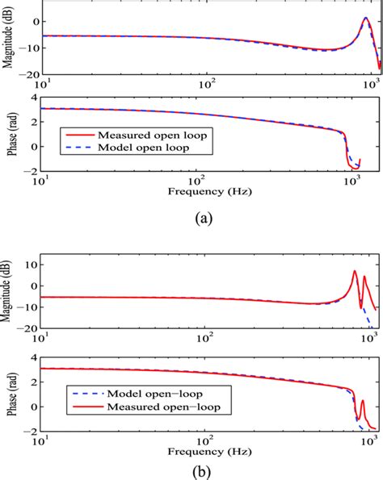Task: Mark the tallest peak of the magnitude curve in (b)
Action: click(x=354, y=272)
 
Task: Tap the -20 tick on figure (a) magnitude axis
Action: click(x=30, y=73)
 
